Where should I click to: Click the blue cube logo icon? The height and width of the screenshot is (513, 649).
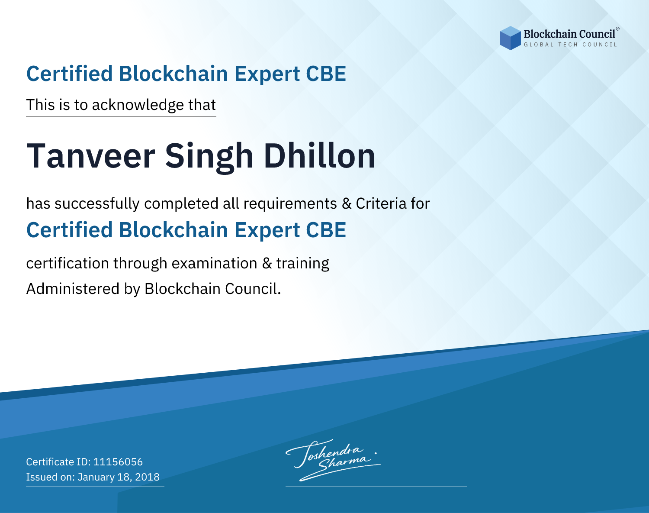(510, 38)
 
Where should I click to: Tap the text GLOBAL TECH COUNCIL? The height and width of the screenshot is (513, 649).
(571, 45)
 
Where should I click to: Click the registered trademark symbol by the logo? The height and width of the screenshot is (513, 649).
(617, 29)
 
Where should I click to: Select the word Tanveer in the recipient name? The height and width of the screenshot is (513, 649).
(91, 156)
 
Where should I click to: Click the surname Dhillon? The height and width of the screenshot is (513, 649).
(319, 156)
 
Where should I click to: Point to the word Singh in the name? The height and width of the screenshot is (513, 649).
(209, 158)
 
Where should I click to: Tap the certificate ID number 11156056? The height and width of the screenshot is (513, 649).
(118, 462)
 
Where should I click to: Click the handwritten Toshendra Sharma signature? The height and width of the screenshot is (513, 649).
(333, 460)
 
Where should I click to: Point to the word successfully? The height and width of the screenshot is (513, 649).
(97, 204)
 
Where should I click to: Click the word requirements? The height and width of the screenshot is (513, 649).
(290, 204)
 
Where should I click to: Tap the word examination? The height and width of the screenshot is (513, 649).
(215, 263)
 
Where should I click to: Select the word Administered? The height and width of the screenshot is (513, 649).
(73, 289)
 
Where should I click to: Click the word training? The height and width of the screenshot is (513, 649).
(303, 264)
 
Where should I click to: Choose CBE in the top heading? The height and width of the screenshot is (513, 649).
(326, 74)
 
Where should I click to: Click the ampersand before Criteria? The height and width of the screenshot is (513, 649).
(347, 204)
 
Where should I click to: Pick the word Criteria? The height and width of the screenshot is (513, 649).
(381, 204)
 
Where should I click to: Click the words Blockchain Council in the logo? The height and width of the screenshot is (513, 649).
(569, 34)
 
